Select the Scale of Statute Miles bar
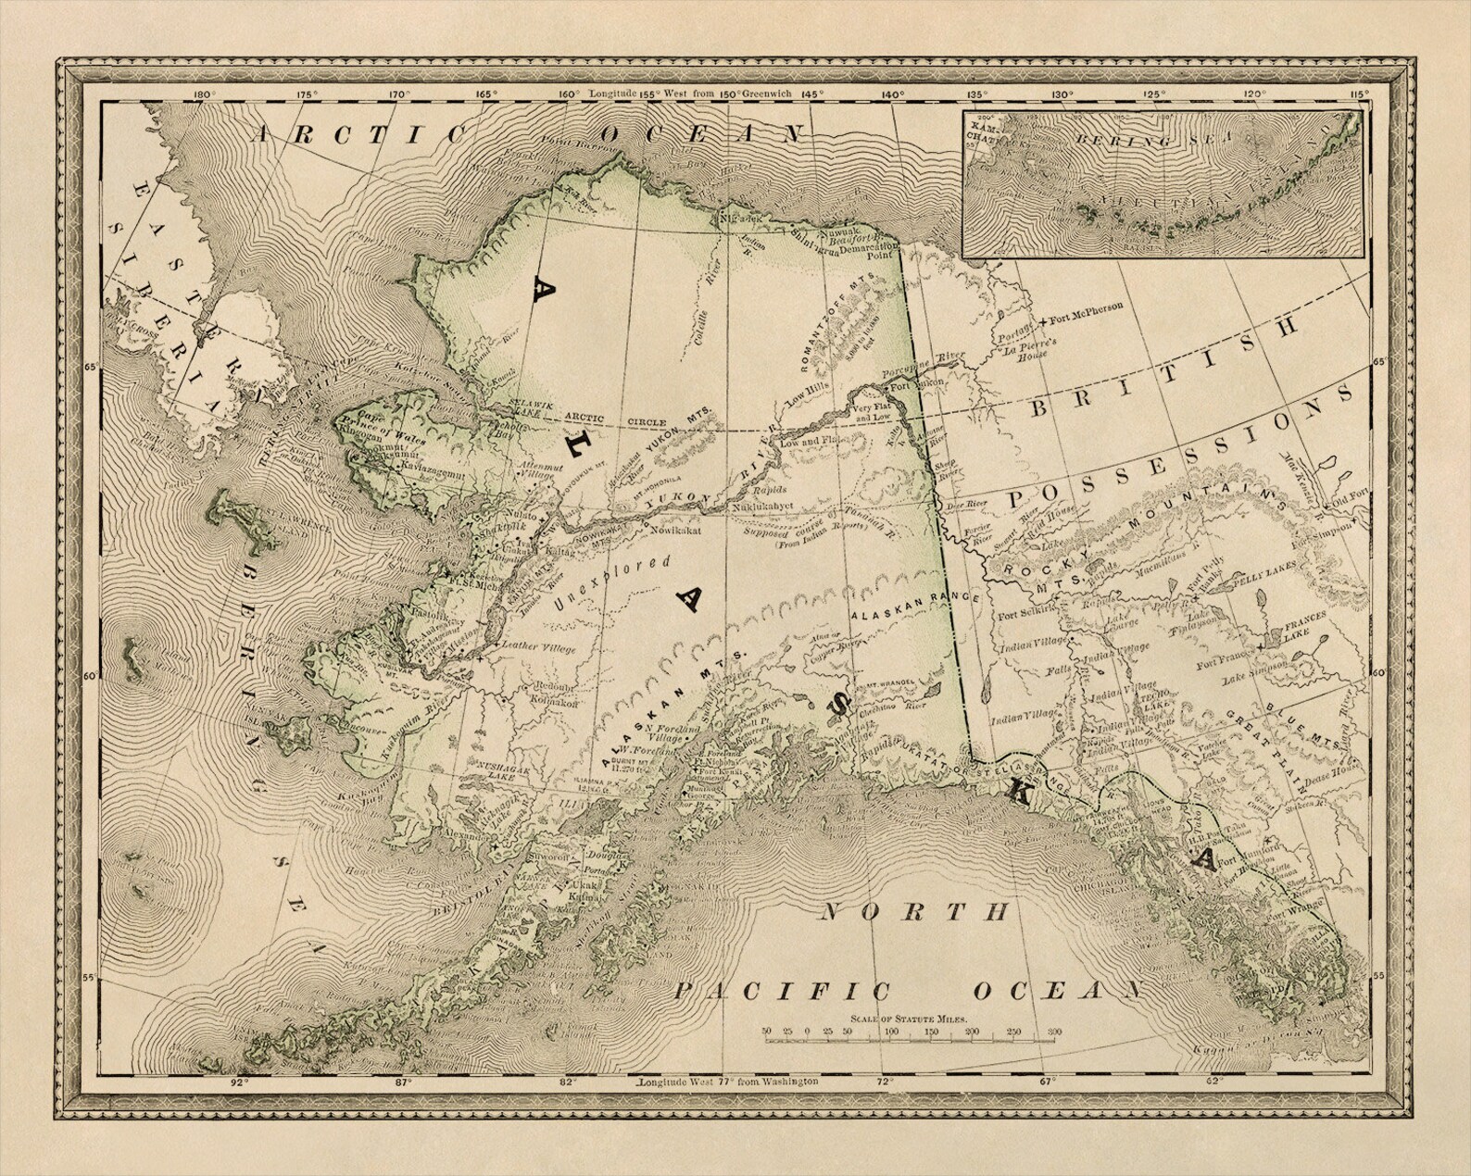pyautogui.click(x=909, y=1040)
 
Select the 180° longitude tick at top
pyautogui.click(x=204, y=94)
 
